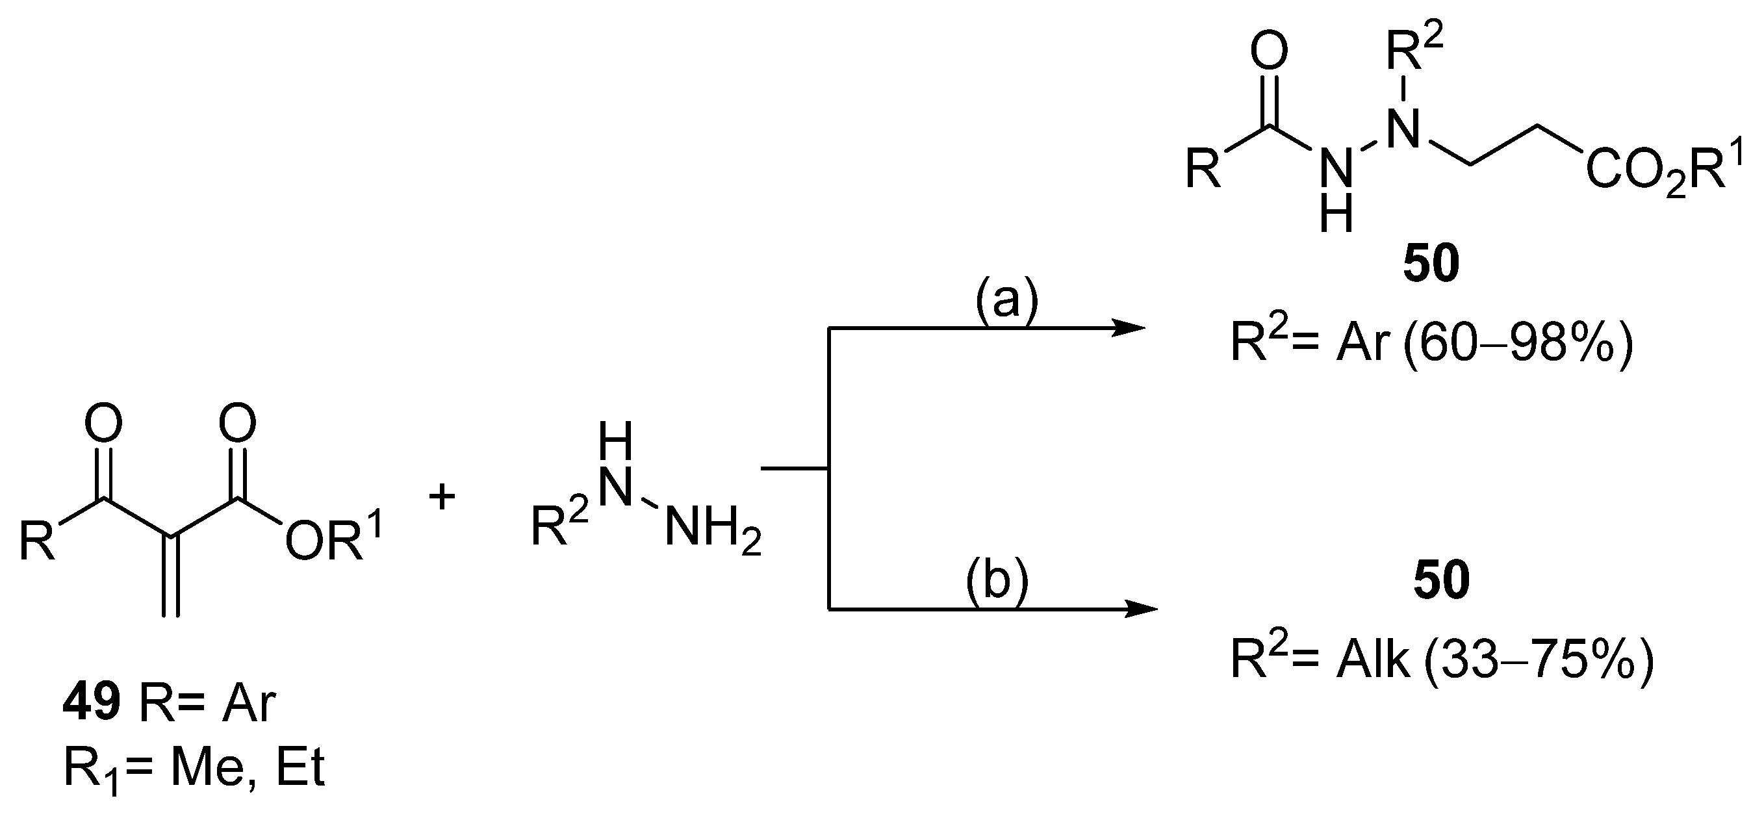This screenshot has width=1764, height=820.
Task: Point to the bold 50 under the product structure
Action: click(x=1431, y=264)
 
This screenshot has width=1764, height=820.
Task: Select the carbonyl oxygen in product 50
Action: click(x=1269, y=51)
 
